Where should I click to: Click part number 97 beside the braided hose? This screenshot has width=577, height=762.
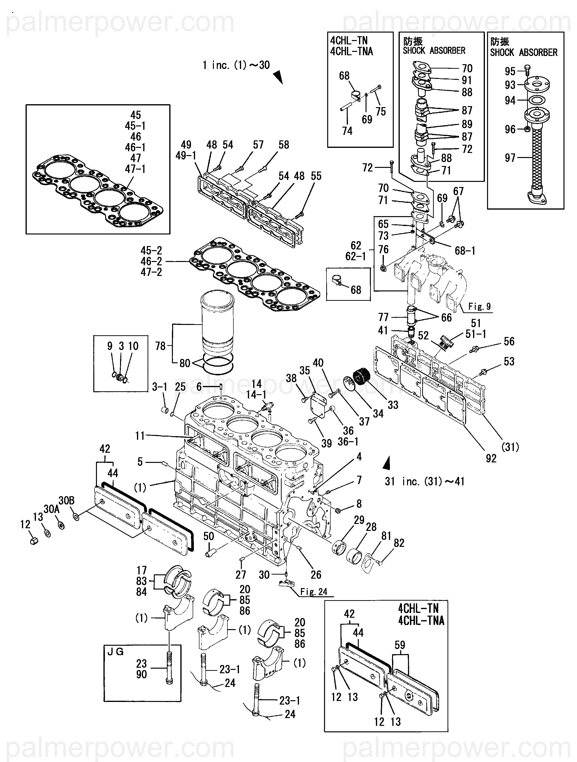tap(510, 158)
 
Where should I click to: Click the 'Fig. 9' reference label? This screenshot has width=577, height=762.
tap(479, 306)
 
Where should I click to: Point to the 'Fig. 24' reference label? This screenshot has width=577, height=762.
tap(313, 592)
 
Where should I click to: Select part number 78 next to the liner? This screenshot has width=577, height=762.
tap(160, 346)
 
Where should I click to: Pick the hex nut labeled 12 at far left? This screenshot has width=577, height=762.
tap(34, 541)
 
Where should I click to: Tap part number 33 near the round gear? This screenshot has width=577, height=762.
tap(393, 405)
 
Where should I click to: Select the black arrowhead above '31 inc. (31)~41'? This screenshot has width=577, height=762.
tap(387, 463)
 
